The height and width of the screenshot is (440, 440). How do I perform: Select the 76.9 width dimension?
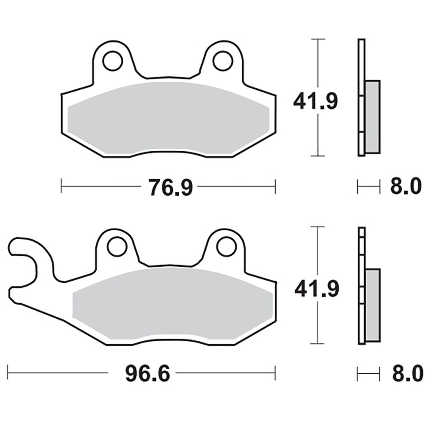click(171, 187)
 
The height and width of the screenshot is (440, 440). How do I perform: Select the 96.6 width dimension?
click(148, 374)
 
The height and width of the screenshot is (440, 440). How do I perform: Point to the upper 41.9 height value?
click(315, 101)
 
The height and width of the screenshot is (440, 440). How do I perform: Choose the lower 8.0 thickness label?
click(407, 373)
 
